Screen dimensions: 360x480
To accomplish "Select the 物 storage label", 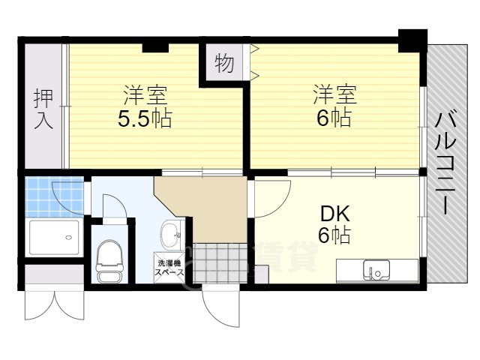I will pyautogui.click(x=223, y=64).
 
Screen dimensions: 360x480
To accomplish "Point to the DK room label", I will pyautogui.click(x=332, y=212).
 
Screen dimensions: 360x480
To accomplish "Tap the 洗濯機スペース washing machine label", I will pyautogui.click(x=169, y=267).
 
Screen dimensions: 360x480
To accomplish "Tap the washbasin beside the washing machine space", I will pyautogui.click(x=171, y=233).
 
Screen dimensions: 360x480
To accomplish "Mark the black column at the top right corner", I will pyautogui.click(x=411, y=40).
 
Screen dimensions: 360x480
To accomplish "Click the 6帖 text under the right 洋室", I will pyautogui.click(x=332, y=118).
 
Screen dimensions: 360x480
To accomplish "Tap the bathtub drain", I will pyautogui.click(x=69, y=238).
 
